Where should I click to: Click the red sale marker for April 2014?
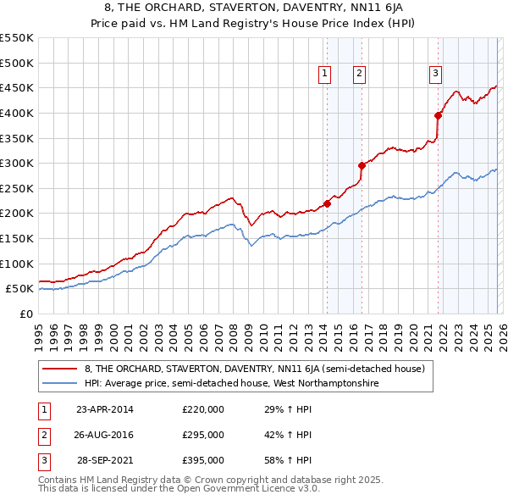tap(327, 203)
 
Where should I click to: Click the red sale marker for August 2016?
tap(362, 165)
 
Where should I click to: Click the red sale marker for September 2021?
tap(438, 115)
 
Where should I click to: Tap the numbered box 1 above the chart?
tap(324, 75)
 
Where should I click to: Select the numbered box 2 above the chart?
tap(359, 75)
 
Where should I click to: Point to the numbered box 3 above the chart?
tap(435, 75)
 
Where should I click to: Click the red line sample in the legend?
tap(61, 369)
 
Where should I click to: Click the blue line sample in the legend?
tap(61, 383)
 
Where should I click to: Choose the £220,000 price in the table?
tap(203, 409)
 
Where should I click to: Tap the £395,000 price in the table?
tap(203, 460)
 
